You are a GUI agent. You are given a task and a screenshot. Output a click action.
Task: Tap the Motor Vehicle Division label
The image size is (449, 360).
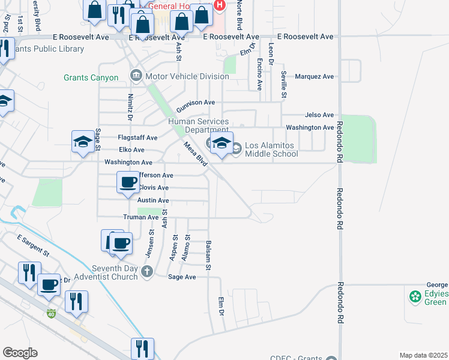point(187,76)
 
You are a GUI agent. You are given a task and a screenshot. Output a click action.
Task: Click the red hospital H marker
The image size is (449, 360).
point(219,5)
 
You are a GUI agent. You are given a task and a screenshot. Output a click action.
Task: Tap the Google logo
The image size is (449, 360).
point(19,353)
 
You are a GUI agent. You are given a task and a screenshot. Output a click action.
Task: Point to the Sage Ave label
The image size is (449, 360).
point(182,277)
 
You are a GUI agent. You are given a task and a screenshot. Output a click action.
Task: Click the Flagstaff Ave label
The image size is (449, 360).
point(137,137)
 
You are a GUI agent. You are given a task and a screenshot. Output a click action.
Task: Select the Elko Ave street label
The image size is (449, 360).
point(131,149)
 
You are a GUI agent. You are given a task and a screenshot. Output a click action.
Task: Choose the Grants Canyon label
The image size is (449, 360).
point(91,77)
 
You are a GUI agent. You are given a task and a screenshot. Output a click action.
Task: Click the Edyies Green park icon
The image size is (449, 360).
point(414,296)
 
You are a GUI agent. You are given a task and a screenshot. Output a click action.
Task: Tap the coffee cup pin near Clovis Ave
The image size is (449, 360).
point(127,182)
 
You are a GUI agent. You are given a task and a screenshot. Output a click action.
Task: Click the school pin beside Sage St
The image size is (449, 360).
point(83,142)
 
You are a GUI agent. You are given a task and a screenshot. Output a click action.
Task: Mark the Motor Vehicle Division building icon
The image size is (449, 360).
point(135,76)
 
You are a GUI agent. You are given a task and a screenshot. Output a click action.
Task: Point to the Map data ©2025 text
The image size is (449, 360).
point(423,356)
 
